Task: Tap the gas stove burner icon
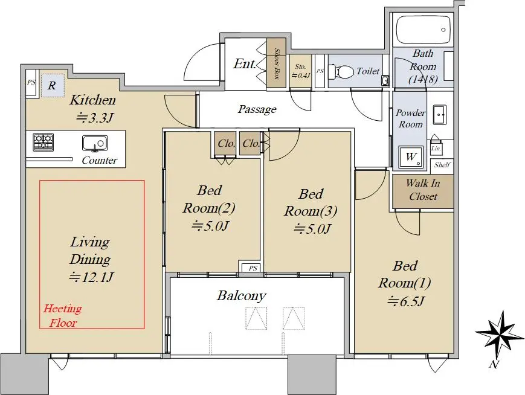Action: (x=43, y=142)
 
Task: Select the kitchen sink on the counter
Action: (x=95, y=143)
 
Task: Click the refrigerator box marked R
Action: (x=52, y=86)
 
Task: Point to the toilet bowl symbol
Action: (x=341, y=71)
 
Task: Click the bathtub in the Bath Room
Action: (x=424, y=30)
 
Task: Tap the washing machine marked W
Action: (x=410, y=156)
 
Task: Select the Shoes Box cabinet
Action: (x=276, y=63)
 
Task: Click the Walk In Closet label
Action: (x=423, y=190)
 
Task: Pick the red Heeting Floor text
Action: (x=63, y=315)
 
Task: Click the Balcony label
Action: (x=242, y=295)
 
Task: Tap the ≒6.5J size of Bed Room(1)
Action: (x=406, y=301)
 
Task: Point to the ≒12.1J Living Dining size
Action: (x=91, y=277)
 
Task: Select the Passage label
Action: (x=257, y=109)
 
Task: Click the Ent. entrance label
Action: (x=245, y=63)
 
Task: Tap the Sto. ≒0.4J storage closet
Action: (x=300, y=71)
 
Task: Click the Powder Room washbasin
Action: (x=439, y=115)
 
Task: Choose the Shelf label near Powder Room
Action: (x=442, y=165)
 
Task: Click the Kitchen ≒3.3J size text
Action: (x=96, y=118)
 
